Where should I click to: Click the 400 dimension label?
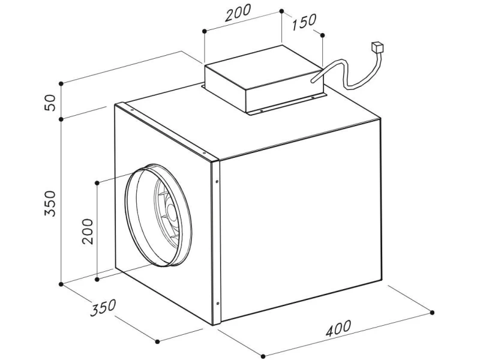coord(338,328)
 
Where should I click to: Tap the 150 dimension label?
coord(304,22)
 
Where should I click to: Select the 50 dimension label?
coord(50,103)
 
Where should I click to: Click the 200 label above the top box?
coord(238,13)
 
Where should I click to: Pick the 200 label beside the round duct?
coord(88,231)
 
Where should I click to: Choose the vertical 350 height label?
coord(50,203)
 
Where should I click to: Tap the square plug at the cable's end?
coord(377,48)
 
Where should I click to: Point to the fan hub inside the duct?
coord(171,212)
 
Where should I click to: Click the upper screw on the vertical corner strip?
coord(217,182)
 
